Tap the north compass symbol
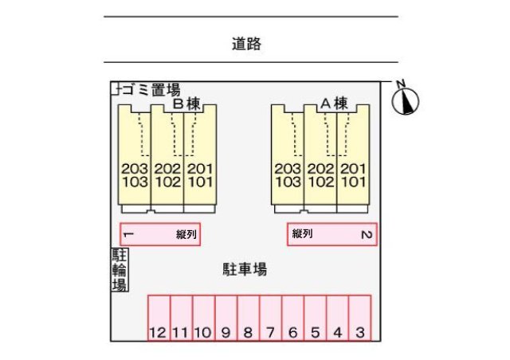[406, 100]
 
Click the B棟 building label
[185, 104]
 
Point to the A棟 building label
[335, 104]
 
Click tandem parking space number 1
[159, 234]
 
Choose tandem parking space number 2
[331, 234]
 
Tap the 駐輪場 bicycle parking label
[120, 270]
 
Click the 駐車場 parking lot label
[244, 269]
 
